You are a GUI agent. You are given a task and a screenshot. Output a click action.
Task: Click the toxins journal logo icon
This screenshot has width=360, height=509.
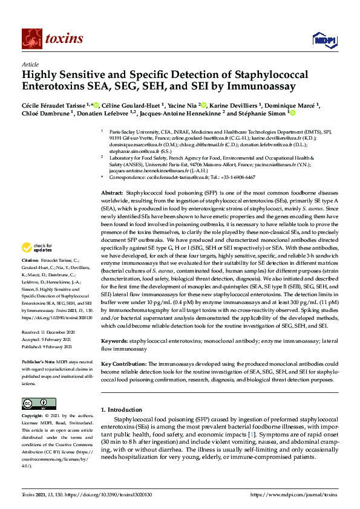[x=30, y=39]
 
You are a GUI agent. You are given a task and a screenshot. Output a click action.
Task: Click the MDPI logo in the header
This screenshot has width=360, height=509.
[x=321, y=40]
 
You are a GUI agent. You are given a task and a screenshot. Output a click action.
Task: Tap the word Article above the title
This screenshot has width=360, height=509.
[x=30, y=63]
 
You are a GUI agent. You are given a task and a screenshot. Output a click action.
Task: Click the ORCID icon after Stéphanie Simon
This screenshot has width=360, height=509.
[x=293, y=112]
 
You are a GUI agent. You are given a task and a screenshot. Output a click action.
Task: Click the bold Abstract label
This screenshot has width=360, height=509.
[x=111, y=191]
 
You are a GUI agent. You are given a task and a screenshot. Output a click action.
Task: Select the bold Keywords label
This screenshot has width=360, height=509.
[x=114, y=341]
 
